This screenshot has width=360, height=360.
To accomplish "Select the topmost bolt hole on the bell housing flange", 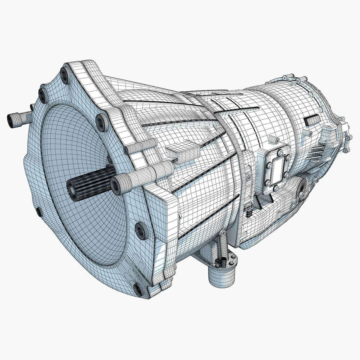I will [64, 73].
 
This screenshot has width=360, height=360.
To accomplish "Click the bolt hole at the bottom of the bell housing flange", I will [138, 289].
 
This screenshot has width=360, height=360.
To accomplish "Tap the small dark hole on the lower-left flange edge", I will [39, 212].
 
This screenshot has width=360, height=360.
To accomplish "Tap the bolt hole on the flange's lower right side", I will [140, 230].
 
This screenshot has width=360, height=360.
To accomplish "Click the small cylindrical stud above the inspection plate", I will [275, 140].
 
